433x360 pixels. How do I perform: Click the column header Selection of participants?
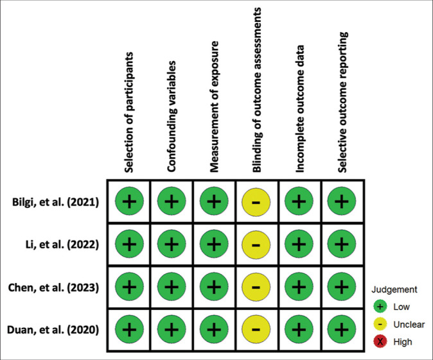(x=129, y=110)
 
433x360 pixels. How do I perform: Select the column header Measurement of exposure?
(x=215, y=109)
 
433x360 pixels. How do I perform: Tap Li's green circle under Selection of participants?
(x=129, y=244)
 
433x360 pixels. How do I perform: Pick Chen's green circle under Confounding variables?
(x=172, y=287)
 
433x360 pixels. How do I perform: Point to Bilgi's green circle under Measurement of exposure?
(x=215, y=202)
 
